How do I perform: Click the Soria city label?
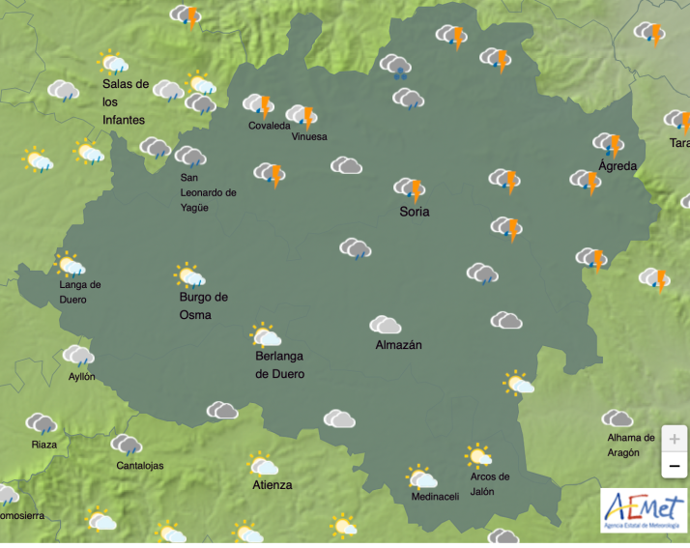click(x=414, y=212)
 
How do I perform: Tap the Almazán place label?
click(x=398, y=345)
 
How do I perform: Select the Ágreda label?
click(x=618, y=166)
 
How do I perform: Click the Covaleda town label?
click(x=269, y=126)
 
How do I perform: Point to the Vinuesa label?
click(x=309, y=137)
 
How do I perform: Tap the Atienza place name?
click(x=272, y=484)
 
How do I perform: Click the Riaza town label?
click(x=43, y=445)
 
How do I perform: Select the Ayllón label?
click(x=82, y=376)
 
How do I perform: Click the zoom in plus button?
click(x=674, y=437)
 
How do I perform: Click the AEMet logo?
click(x=644, y=509)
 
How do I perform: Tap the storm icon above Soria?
click(x=410, y=188)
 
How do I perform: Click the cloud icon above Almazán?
click(x=385, y=325)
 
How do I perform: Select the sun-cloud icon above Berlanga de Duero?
click(x=265, y=335)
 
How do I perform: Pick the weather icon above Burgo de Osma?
click(x=189, y=276)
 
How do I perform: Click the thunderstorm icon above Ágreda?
click(x=609, y=144)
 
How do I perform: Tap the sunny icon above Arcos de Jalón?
click(x=478, y=455)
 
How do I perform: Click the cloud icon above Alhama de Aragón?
click(x=617, y=418)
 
